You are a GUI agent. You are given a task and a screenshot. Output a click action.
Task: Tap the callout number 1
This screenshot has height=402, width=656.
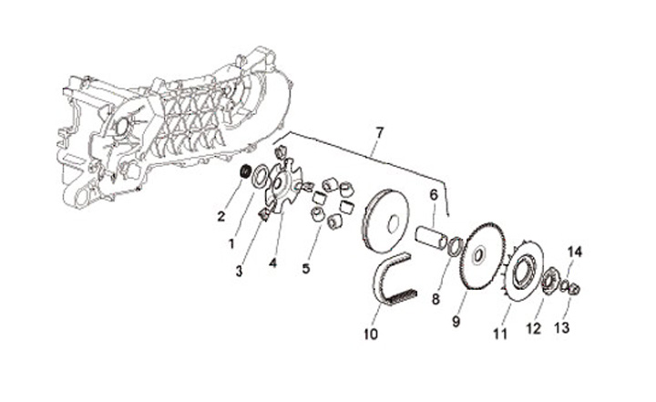click(x=231, y=243)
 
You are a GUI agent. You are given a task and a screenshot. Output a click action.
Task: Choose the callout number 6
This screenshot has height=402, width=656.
click(x=434, y=194)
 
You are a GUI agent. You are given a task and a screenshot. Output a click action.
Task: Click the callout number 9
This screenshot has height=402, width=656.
click(x=457, y=321)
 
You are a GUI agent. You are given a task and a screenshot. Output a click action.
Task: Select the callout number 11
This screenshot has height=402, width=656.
click(x=499, y=334)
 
